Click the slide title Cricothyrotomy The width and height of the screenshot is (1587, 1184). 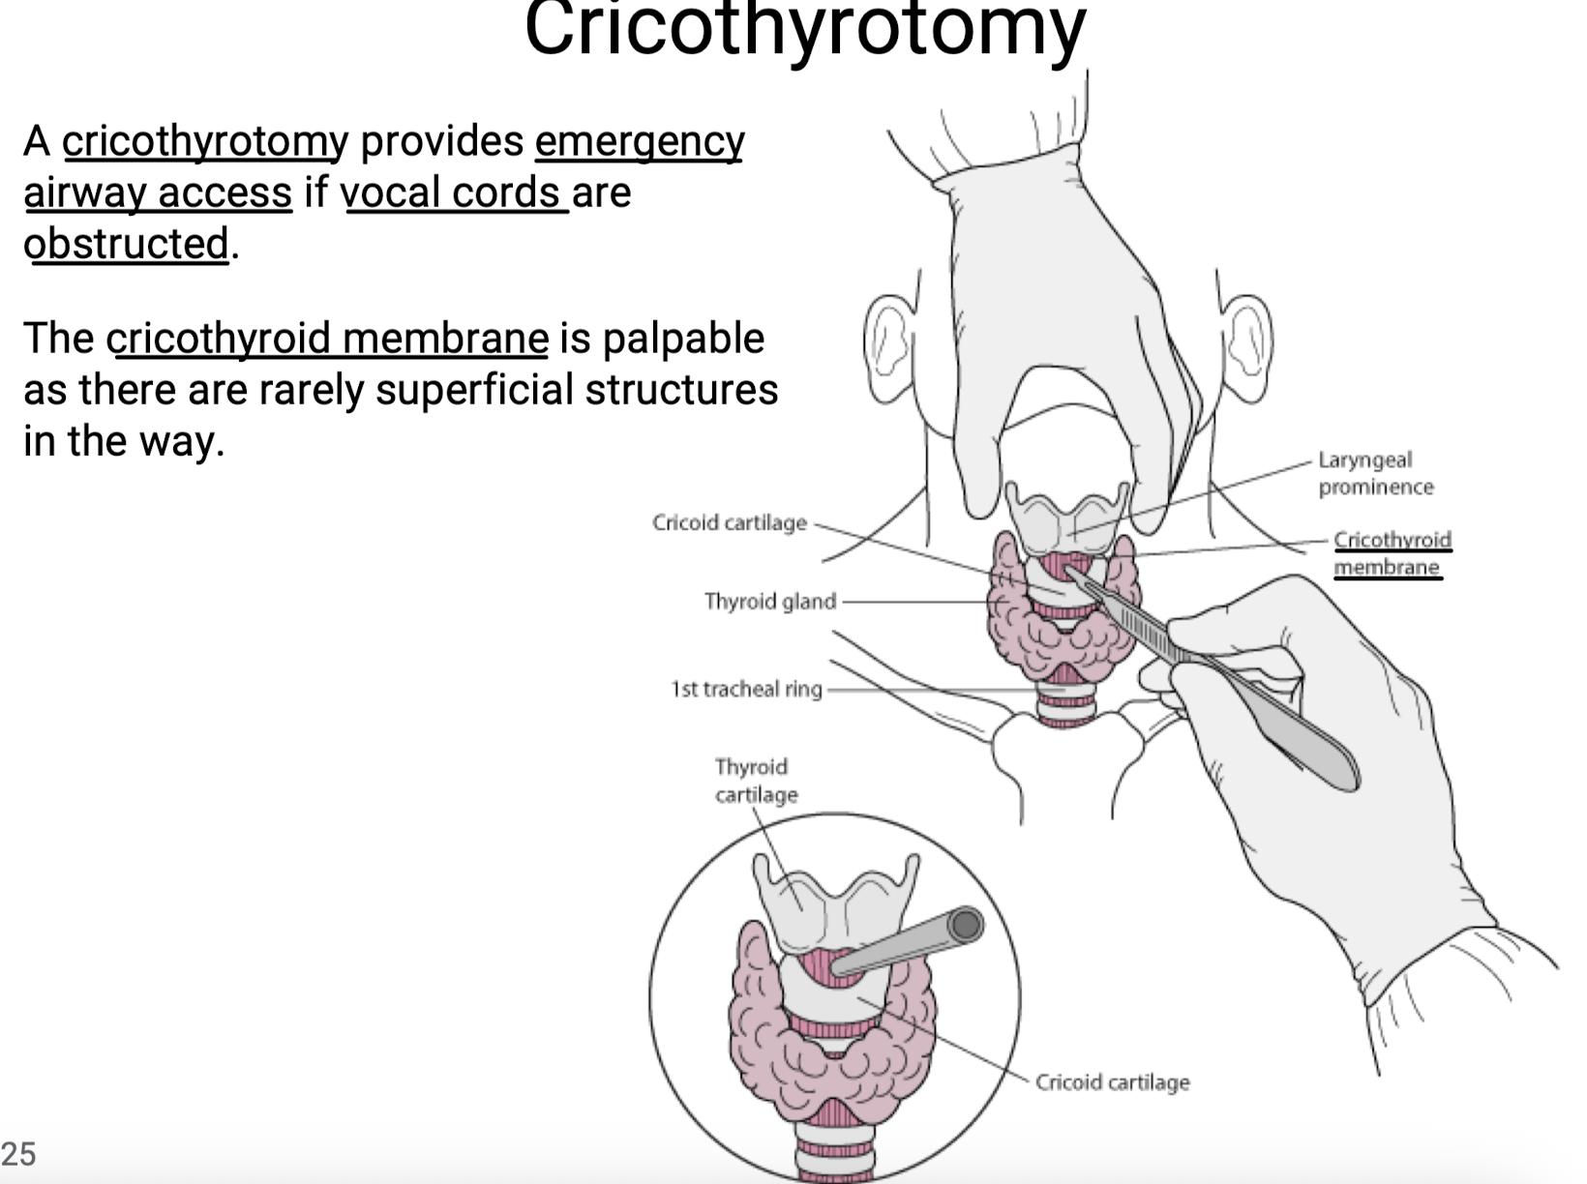(x=805, y=29)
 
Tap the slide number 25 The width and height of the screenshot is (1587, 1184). (x=18, y=1153)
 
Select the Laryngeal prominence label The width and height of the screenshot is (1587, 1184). (x=1375, y=473)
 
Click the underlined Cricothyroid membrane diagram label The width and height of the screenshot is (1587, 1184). (x=1392, y=553)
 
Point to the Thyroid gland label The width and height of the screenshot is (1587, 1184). (x=770, y=601)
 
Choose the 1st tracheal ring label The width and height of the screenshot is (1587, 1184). (x=746, y=689)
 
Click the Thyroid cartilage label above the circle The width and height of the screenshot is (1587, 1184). (x=757, y=781)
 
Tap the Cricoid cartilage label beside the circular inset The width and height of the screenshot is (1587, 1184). (x=1112, y=1082)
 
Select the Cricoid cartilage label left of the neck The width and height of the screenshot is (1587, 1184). (x=729, y=522)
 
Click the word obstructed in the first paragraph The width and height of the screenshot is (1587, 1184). (x=126, y=244)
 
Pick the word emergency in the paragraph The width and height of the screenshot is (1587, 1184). (x=639, y=142)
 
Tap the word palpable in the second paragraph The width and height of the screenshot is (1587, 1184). (x=683, y=340)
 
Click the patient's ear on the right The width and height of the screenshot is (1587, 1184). (x=1247, y=348)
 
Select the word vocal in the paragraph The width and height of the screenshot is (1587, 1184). (x=390, y=192)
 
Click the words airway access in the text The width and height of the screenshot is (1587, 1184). (x=158, y=193)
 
